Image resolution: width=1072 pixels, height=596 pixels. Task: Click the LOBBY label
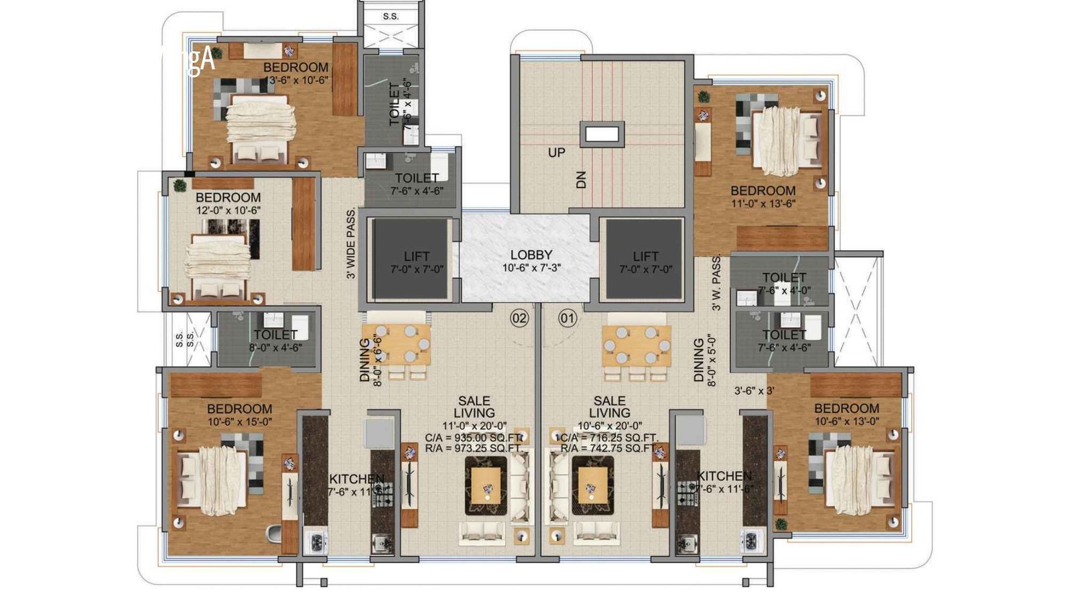point(531,255)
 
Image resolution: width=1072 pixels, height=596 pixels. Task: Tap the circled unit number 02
point(519,318)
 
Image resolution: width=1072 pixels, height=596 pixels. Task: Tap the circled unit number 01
point(567,318)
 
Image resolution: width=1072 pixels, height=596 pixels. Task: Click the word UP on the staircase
point(557,153)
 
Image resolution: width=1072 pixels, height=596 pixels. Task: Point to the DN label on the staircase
point(582,179)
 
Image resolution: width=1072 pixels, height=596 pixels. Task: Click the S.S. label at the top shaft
point(391,17)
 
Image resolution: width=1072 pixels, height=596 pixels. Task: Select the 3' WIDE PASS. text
point(350,243)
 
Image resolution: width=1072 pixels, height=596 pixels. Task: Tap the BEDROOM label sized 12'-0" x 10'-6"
point(228,198)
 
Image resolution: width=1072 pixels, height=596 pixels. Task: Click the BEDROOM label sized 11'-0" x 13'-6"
point(763,191)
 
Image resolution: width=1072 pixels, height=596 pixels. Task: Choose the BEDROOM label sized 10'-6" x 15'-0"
point(239,409)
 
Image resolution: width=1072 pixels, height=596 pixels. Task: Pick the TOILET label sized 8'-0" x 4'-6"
point(275,335)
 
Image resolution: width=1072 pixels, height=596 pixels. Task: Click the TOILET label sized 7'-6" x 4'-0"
point(784,278)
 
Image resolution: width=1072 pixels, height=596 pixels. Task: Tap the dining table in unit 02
point(396,344)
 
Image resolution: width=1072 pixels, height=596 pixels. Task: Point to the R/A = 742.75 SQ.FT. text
point(608,448)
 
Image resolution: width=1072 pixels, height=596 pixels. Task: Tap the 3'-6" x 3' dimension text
point(754,391)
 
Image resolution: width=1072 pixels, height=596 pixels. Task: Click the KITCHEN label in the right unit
point(724,476)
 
